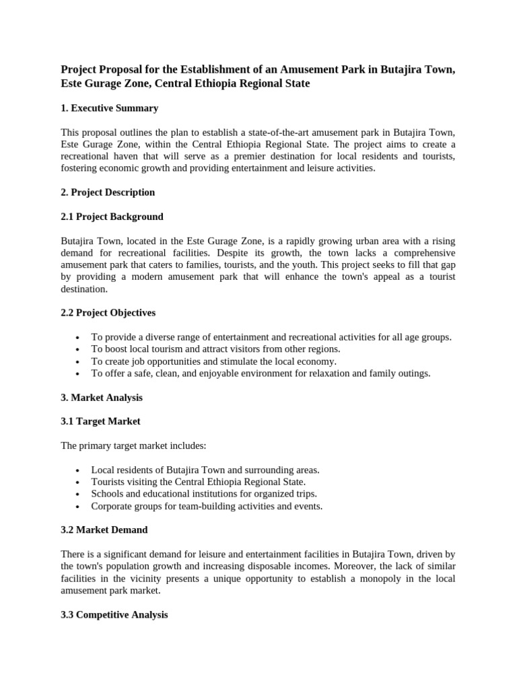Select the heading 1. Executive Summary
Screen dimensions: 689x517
click(109, 108)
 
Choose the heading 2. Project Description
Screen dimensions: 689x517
click(108, 192)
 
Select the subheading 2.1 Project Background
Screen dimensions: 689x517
click(112, 217)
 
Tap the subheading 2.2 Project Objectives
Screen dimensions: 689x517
click(108, 312)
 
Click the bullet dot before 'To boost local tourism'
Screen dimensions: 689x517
click(79, 349)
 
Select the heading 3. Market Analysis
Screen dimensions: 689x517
click(102, 397)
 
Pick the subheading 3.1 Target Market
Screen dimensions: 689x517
click(101, 421)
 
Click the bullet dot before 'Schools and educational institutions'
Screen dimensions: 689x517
click(79, 494)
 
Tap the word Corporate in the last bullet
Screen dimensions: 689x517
click(112, 506)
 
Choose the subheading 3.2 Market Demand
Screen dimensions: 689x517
click(104, 530)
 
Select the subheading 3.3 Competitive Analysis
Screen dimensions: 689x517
click(114, 614)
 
